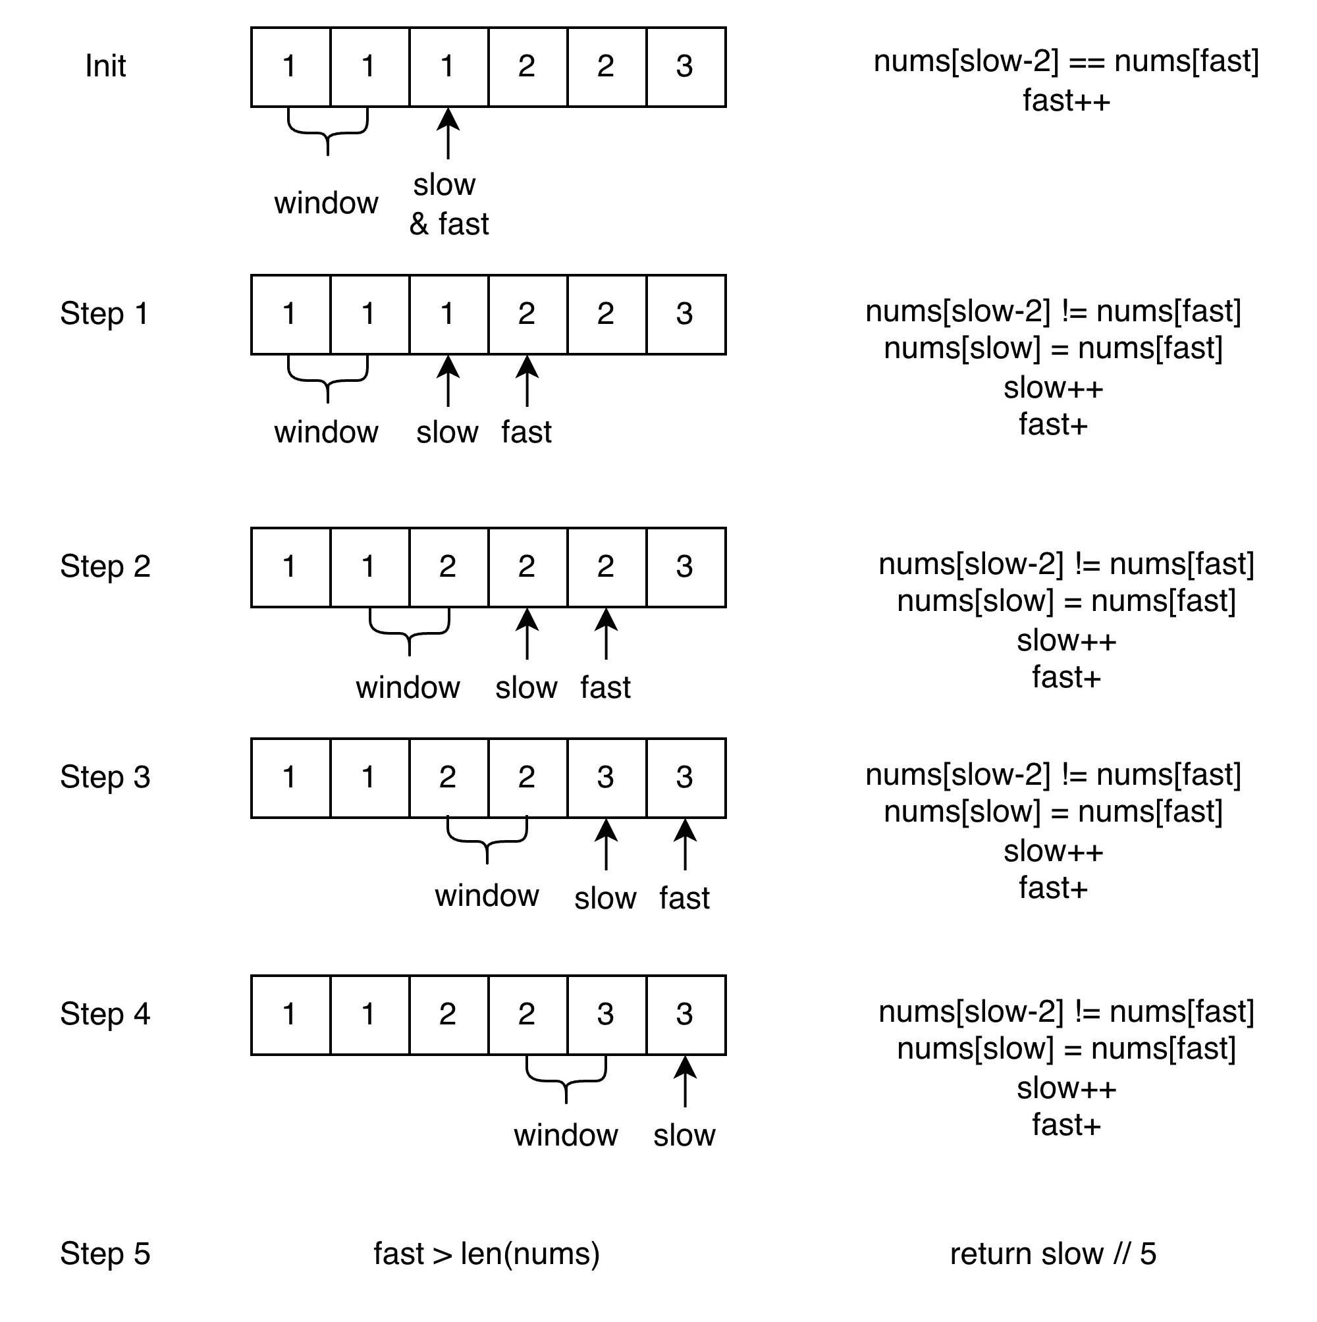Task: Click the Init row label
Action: tap(105, 66)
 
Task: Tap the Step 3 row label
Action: tap(105, 778)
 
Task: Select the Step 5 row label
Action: tap(105, 1254)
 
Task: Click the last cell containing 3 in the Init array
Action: tap(685, 67)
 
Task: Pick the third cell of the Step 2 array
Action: tap(448, 568)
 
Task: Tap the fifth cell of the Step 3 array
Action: tap(606, 778)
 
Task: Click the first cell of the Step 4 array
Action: tap(290, 1015)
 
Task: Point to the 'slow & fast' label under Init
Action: tap(448, 205)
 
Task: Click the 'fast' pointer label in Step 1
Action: tap(526, 433)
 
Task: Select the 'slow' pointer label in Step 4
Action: tap(684, 1136)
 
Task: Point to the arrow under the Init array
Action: tap(448, 133)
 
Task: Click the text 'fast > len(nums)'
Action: tap(487, 1254)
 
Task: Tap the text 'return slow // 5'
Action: tap(1053, 1254)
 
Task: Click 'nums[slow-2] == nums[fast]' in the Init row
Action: tap(1066, 62)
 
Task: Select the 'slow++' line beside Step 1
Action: tap(1053, 388)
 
